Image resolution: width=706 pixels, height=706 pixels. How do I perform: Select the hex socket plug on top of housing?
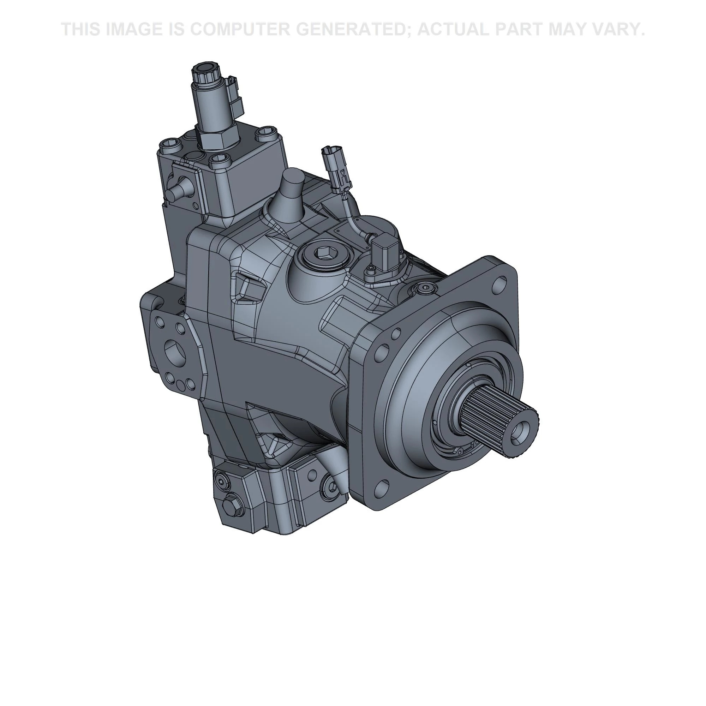click(325, 252)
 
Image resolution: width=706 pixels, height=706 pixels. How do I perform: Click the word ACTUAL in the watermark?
click(456, 29)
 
